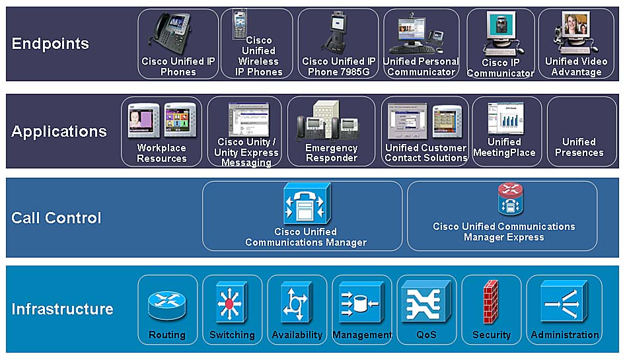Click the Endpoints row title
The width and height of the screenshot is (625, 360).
coord(50,44)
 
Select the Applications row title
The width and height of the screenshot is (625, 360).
coord(59,131)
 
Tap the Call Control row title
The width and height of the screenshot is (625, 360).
coord(56,218)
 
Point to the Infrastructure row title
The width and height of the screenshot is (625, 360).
coord(62,308)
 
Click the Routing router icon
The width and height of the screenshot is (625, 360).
coord(166,305)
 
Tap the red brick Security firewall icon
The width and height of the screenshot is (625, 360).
coord(490,301)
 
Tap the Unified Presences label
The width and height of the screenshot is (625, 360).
coord(579,147)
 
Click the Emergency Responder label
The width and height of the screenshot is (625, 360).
coord(331,153)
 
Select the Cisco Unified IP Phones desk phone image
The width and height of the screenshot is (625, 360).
coord(173,33)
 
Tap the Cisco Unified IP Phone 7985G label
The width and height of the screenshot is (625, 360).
coord(338,67)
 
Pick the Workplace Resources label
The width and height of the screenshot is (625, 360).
coord(161,153)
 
